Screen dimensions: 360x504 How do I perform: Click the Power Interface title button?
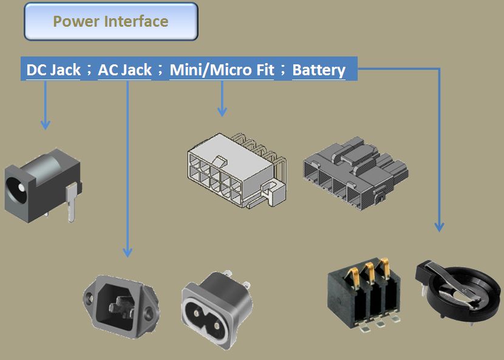111,22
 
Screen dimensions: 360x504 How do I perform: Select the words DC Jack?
53,70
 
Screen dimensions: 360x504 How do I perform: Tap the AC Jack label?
124,70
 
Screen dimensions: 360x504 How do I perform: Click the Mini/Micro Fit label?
222,70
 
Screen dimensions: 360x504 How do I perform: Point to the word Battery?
319,70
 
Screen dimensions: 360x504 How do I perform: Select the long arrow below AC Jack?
128,170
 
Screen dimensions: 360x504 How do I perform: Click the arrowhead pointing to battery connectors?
438,226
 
